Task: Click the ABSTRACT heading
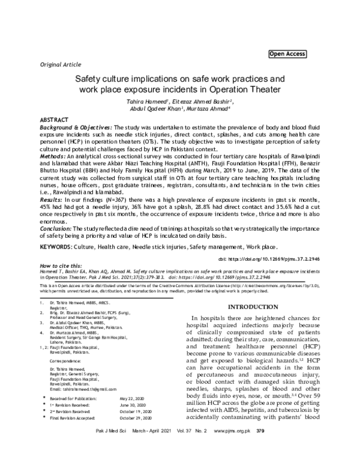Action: click(x=55, y=121)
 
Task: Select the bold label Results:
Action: click(x=52, y=198)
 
